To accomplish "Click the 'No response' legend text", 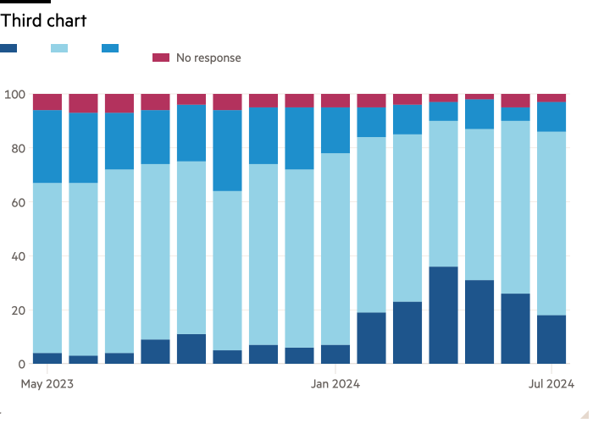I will point(208,58).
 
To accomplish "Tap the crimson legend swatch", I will point(160,58).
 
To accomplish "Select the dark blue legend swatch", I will point(8,48).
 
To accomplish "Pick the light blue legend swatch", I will point(59,48).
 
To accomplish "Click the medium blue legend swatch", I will point(110,48).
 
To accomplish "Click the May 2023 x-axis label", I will point(47,384).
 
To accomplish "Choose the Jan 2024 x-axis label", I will point(335,384).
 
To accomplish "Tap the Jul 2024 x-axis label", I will point(551,384).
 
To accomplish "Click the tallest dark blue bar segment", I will point(444,316).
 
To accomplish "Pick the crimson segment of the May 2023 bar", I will point(47,102).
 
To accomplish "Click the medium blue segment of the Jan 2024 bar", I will point(335,130).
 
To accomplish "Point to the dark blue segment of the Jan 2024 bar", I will point(335,354).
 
